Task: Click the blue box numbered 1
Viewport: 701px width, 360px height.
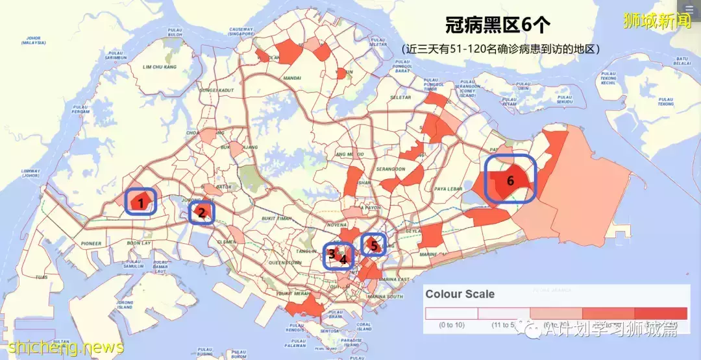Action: point(140,202)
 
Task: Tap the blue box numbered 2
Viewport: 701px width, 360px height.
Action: point(201,211)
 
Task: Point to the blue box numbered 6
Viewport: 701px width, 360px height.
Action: point(510,180)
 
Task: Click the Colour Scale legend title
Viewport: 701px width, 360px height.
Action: point(460,294)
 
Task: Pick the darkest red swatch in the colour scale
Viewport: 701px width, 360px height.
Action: point(660,313)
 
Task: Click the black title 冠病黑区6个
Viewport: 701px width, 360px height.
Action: point(497,25)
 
